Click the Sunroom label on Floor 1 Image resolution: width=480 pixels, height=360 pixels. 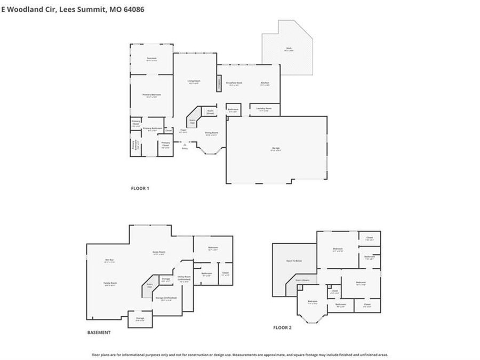click(151, 59)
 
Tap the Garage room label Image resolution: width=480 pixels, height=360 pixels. click(275, 149)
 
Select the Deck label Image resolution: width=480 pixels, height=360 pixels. click(289, 49)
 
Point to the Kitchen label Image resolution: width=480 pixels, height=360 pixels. click(265, 83)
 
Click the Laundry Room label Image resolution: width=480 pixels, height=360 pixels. click(264, 109)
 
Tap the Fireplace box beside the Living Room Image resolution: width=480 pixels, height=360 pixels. click(219, 83)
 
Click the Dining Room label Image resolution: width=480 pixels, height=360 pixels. click(211, 133)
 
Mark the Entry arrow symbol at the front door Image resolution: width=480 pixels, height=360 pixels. click(185, 144)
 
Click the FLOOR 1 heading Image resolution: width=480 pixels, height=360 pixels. click(140, 188)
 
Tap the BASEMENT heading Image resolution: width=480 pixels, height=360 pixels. click(99, 332)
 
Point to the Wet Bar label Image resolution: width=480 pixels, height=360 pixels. click(109, 260)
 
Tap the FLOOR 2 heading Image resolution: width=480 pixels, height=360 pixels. click(282, 327)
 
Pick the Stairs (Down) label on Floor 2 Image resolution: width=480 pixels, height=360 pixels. click(302, 279)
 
